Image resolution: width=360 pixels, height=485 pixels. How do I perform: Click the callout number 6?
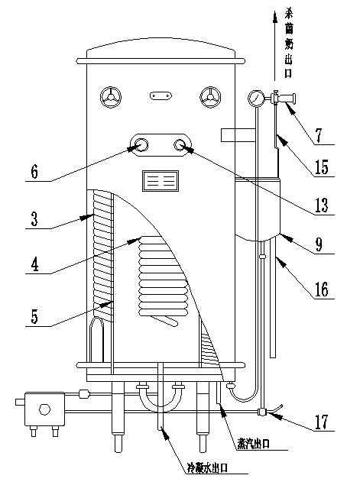(34, 172)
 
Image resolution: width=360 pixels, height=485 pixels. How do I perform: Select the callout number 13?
(322, 205)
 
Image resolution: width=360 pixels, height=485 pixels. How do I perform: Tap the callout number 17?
(322, 422)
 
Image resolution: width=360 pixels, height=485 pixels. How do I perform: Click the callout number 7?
(319, 135)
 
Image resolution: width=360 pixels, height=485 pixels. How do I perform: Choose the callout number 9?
(319, 244)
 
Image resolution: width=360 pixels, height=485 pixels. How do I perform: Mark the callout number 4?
(35, 265)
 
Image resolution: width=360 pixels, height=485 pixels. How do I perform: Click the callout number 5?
(34, 316)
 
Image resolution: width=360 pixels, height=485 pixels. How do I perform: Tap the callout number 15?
(322, 167)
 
